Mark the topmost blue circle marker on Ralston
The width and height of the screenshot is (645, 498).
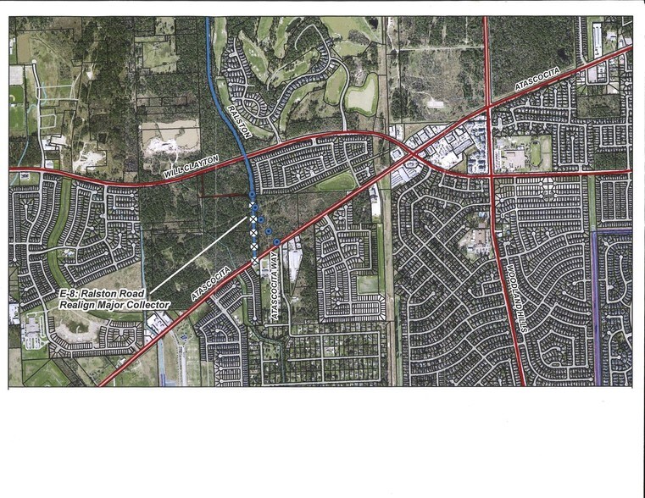pos(253,195)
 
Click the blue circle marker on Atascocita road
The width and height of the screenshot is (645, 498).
pos(276,242)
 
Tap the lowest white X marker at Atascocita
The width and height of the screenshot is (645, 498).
pos(255,253)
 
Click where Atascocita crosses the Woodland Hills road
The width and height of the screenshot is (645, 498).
pos(489,107)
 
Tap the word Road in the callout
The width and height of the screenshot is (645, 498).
pos(133,293)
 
